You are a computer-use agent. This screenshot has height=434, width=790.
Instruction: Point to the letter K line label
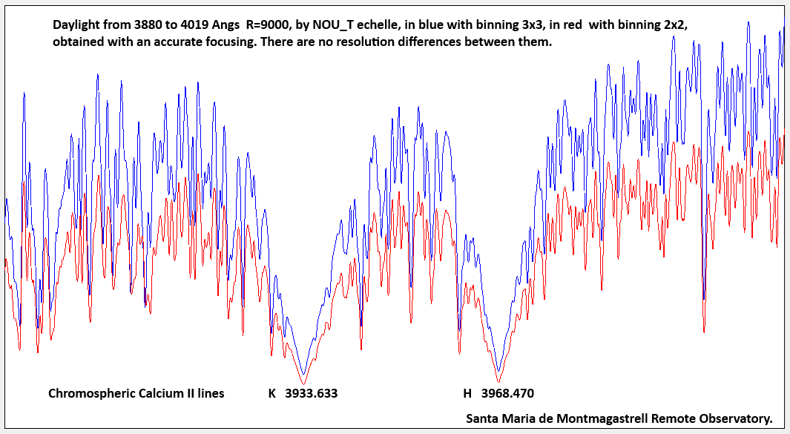pyautogui.click(x=272, y=393)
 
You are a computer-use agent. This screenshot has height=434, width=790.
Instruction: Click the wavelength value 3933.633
pyautogui.click(x=312, y=393)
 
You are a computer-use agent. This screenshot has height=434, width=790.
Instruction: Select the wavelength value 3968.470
pyautogui.click(x=507, y=393)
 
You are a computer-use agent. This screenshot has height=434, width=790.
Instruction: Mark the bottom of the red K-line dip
pyautogui.click(x=303, y=383)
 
